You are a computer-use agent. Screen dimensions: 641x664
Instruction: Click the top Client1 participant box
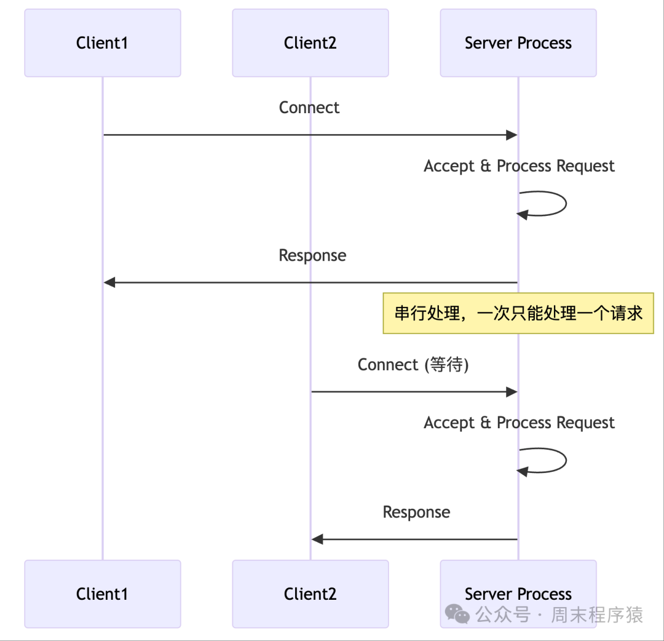(102, 43)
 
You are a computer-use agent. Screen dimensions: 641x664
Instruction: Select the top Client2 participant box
(310, 43)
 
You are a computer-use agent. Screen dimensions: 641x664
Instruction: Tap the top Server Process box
(518, 43)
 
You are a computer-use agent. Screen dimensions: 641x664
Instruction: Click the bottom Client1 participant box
(102, 594)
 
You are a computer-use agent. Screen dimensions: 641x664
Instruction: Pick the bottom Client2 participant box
(310, 594)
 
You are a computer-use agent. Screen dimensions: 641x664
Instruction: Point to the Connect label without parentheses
(309, 108)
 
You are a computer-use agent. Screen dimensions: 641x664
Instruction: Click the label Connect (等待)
(413, 365)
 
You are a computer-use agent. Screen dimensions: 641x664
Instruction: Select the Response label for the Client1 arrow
(312, 255)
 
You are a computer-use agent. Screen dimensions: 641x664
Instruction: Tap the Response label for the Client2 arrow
(416, 512)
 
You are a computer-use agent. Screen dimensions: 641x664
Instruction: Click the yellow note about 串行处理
(518, 313)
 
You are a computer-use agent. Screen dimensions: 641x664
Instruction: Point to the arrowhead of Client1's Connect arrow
(512, 135)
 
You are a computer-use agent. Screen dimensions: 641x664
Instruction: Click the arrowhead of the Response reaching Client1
(109, 282)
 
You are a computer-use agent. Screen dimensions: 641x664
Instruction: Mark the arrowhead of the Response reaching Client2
(317, 539)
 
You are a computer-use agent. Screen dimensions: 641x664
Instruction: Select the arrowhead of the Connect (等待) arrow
(512, 392)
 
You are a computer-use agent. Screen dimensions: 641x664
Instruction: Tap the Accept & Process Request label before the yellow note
(519, 166)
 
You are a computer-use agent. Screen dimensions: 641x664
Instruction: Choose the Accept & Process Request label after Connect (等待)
(519, 423)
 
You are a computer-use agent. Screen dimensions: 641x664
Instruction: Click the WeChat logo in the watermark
(457, 613)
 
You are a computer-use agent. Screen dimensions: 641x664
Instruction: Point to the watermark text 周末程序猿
(596, 614)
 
